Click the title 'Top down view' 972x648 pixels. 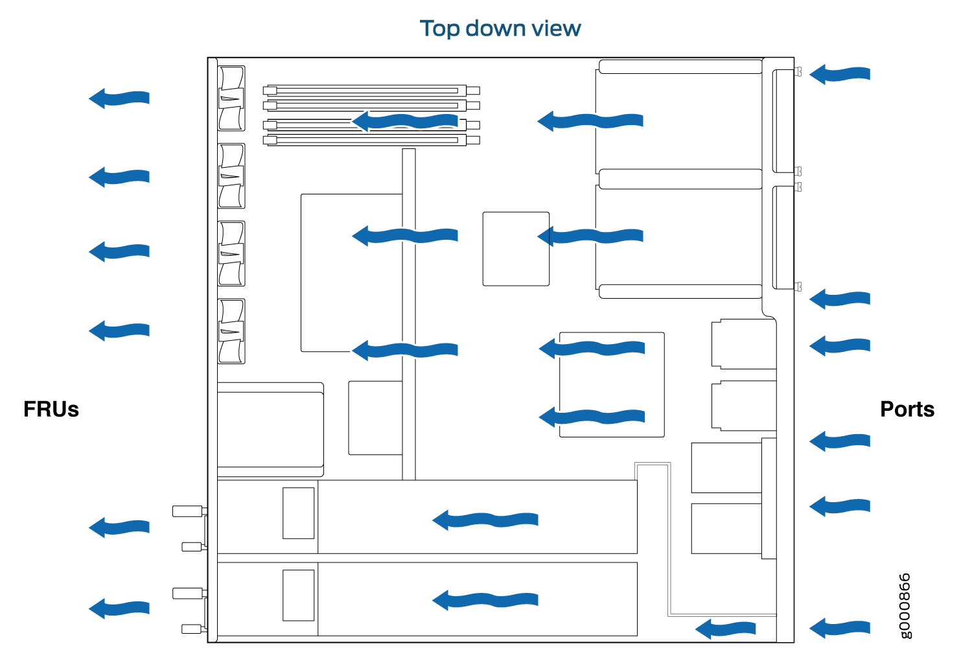[x=500, y=29]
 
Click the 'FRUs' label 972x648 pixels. [x=51, y=410]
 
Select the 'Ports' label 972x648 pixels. [x=907, y=410]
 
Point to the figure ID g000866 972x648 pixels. [x=905, y=606]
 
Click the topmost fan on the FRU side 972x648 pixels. [x=231, y=98]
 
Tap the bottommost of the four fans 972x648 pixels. [x=231, y=331]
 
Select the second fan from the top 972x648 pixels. [x=231, y=176]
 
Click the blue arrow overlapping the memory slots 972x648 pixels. [x=404, y=121]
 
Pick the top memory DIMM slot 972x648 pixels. [x=371, y=91]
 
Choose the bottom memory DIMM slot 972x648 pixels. [x=371, y=140]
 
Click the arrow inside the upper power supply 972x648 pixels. [x=485, y=520]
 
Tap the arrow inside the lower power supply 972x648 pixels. [x=485, y=600]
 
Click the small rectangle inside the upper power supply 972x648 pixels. [x=299, y=513]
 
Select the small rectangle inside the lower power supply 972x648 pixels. [x=299, y=596]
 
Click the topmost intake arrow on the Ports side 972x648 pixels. [x=840, y=75]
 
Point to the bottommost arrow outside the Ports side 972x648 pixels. [x=840, y=629]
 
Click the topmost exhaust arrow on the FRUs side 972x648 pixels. [x=119, y=98]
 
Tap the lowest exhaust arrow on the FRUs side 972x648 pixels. [x=119, y=608]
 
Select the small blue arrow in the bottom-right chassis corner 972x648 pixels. [x=725, y=629]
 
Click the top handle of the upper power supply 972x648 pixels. [x=188, y=511]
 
